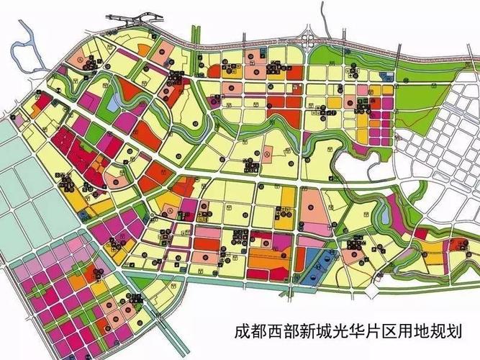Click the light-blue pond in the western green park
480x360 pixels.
114,103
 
